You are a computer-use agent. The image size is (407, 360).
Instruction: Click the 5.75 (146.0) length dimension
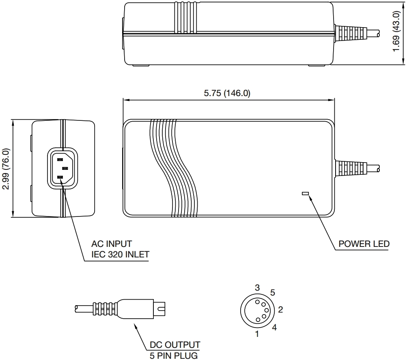click(227, 93)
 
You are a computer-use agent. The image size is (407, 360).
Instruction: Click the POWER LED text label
click(364, 244)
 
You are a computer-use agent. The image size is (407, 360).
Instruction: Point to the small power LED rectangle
click(305, 193)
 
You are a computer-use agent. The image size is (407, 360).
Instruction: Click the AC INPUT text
click(112, 244)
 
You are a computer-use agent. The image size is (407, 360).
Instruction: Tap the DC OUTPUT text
click(175, 345)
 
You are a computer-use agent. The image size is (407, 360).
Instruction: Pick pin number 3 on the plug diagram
click(257, 288)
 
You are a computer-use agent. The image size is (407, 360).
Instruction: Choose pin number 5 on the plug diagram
click(273, 292)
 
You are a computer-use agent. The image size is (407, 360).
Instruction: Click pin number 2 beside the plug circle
click(280, 310)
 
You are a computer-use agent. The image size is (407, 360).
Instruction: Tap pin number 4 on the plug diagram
click(274, 328)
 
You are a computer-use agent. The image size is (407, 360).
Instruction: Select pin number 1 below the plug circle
click(257, 334)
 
